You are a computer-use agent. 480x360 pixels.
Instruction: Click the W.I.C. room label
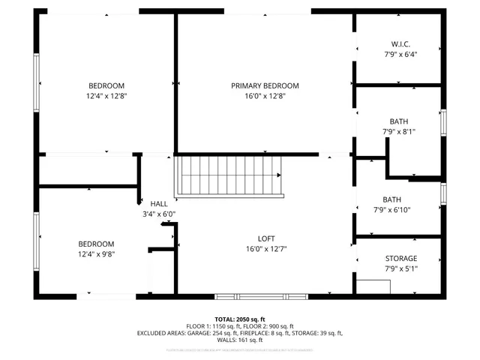(x=400, y=43)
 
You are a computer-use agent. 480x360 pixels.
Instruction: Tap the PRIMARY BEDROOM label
(x=264, y=85)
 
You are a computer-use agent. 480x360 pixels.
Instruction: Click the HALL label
(x=159, y=203)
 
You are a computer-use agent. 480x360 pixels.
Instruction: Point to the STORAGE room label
(x=401, y=258)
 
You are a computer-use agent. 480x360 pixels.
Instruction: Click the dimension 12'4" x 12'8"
(x=106, y=96)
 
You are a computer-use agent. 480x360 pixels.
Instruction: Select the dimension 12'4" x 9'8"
(x=96, y=253)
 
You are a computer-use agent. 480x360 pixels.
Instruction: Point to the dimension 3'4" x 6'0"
(x=159, y=214)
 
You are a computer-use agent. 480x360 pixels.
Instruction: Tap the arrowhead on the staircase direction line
(x=280, y=175)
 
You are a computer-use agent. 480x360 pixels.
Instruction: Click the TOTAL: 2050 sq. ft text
(x=240, y=319)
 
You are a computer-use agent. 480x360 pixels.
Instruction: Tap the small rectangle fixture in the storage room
(x=373, y=286)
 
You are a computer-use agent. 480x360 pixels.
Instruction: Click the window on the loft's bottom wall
(x=261, y=296)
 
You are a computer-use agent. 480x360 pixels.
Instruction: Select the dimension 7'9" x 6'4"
(x=400, y=54)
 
